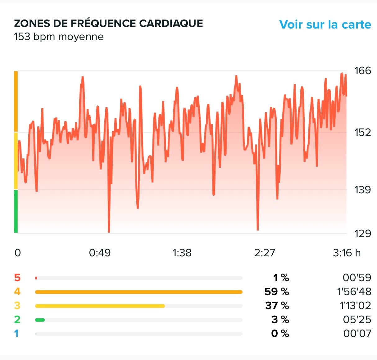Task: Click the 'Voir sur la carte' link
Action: click(325, 25)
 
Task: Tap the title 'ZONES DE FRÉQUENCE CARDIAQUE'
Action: click(108, 23)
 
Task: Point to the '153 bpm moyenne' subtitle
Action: click(59, 37)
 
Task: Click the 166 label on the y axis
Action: click(363, 71)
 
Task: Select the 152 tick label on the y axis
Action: click(363, 133)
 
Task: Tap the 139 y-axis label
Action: click(363, 190)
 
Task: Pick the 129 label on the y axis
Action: click(363, 233)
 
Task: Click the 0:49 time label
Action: click(100, 253)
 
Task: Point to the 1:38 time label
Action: click(182, 253)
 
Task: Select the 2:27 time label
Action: click(265, 253)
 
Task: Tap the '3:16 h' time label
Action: click(347, 253)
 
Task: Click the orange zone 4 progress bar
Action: click(139, 292)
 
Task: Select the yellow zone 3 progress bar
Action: click(100, 306)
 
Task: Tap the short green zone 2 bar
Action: click(40, 320)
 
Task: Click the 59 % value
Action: click(277, 292)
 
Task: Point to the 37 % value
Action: click(277, 306)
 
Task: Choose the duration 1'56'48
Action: click(354, 292)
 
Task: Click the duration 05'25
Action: click(357, 320)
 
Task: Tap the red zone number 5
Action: click(17, 277)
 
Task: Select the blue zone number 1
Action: click(16, 334)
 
